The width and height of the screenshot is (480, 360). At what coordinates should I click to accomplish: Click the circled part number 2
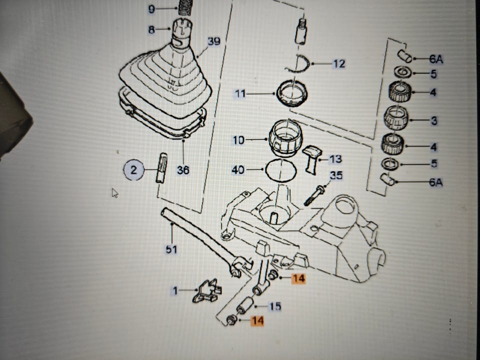[133, 170]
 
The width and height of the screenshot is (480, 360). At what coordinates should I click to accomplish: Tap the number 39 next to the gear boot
[213, 42]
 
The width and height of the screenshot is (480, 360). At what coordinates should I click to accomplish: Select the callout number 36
[183, 170]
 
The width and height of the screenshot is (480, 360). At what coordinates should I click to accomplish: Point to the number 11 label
[240, 93]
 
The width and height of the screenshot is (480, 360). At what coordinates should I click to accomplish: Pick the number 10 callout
[238, 140]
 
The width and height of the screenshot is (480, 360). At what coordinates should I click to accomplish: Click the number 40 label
[238, 170]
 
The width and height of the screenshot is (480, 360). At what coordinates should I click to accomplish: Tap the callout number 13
[335, 159]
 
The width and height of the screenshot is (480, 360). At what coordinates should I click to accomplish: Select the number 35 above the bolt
[336, 175]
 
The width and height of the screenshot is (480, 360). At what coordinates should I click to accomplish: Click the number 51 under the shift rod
[171, 248]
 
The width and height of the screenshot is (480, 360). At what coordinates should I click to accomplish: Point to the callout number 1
[175, 290]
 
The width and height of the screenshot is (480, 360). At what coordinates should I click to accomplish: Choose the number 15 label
[275, 306]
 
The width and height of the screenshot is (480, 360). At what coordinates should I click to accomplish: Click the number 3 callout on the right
[433, 120]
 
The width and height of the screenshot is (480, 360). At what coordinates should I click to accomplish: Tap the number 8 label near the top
[151, 30]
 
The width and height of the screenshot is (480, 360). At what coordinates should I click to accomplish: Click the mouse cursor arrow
[115, 192]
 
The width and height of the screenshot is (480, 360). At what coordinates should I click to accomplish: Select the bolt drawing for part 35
[313, 195]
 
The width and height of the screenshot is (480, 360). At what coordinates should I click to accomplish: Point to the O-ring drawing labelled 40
[280, 170]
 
